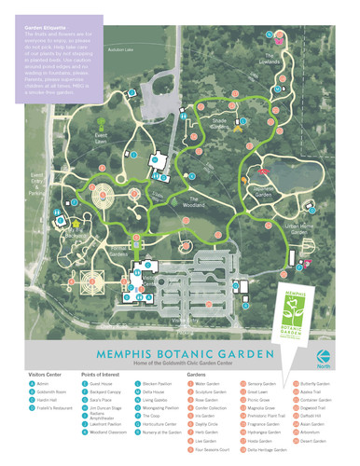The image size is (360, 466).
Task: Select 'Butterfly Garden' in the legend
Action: (x=317, y=384)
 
